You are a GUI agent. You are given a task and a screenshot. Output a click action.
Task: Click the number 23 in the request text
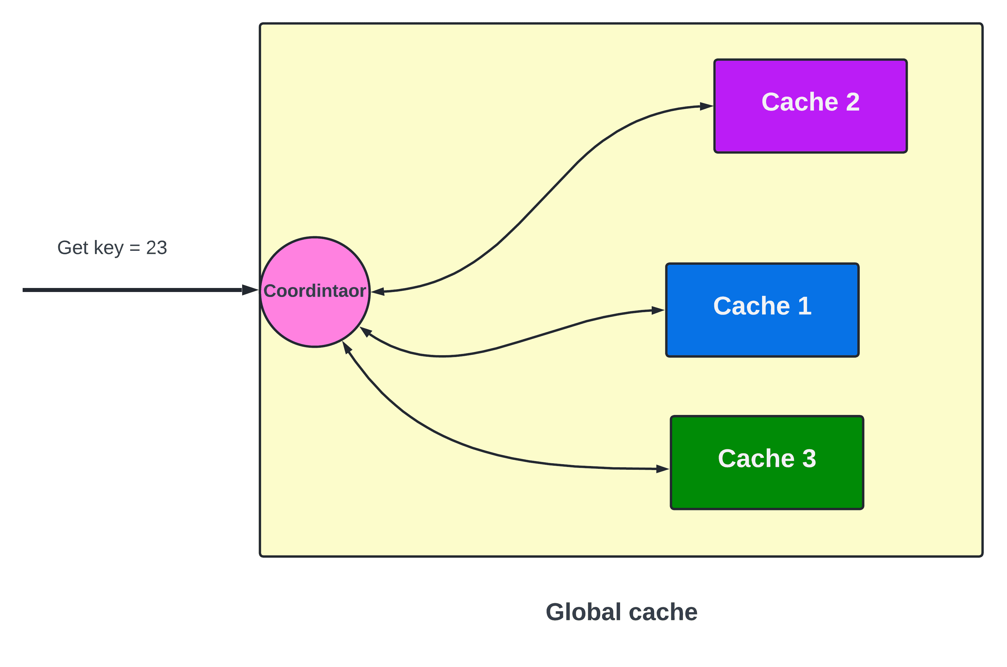(156, 248)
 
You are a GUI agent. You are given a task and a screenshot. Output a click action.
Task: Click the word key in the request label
(109, 248)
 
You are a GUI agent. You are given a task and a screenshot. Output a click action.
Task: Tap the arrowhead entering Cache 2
(706, 106)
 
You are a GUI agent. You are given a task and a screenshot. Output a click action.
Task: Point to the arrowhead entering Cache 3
(662, 469)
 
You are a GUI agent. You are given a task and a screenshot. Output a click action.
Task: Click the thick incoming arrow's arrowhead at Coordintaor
(250, 290)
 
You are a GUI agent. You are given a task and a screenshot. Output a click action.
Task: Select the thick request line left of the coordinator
(132, 290)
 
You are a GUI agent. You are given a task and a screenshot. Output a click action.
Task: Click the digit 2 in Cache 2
(852, 102)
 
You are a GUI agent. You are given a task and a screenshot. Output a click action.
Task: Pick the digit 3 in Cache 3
(809, 459)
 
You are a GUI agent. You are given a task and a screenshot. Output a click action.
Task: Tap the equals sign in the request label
(135, 248)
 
